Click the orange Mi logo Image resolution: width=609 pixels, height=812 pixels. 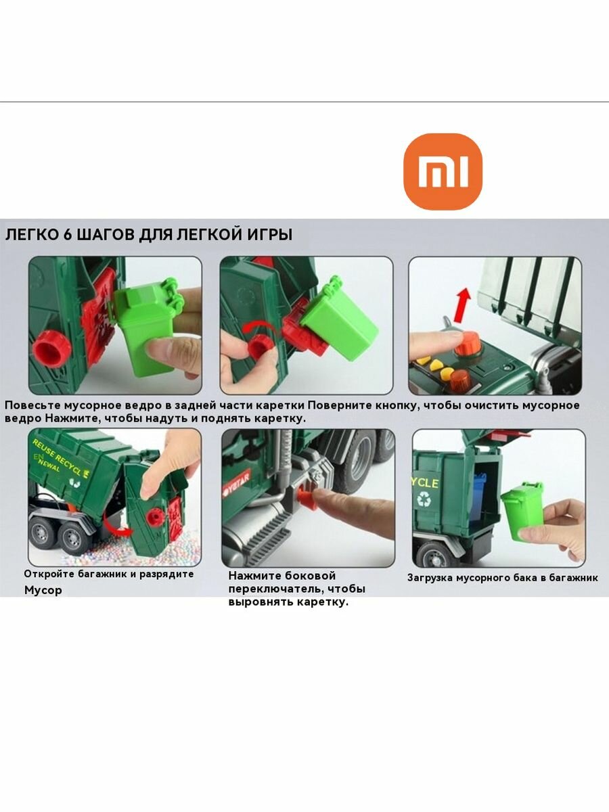[x=443, y=171]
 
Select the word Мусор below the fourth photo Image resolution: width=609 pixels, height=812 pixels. [x=43, y=590]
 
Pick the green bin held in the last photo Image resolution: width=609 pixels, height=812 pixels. [x=523, y=510]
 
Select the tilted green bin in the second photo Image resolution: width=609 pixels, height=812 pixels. [x=338, y=317]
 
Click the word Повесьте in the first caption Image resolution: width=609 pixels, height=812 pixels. [x=34, y=405]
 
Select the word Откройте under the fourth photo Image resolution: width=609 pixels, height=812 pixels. [x=51, y=574]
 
